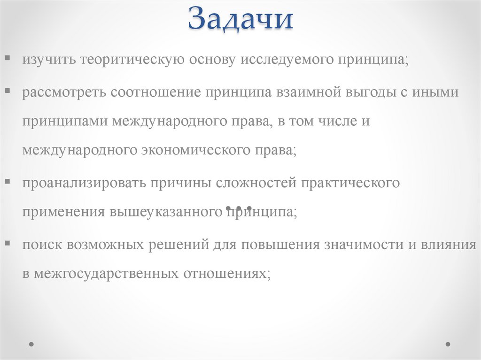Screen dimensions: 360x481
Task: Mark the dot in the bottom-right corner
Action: coord(448,344)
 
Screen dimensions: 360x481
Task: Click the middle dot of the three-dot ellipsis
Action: coord(239,207)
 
